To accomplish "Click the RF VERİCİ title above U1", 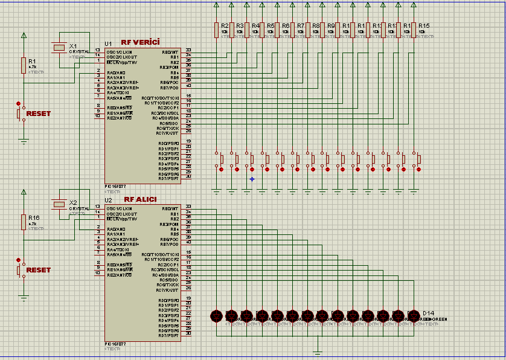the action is point(140,42).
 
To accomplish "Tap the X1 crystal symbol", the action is point(59,47).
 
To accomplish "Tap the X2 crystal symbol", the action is point(59,204).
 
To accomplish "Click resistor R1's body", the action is point(24,65).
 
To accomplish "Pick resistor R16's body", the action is point(24,222).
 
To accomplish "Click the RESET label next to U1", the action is point(39,114).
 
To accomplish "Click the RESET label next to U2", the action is point(39,270).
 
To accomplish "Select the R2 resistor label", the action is point(225,25).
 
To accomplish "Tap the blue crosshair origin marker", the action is point(252,178).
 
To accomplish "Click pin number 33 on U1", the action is point(188,50).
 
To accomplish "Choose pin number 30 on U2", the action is point(188,333).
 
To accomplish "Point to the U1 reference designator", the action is point(108,43).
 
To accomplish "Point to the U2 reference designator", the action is point(108,200).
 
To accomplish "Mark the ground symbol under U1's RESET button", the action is point(24,141).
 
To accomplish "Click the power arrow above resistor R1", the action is point(24,36).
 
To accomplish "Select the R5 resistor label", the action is point(270,25).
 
